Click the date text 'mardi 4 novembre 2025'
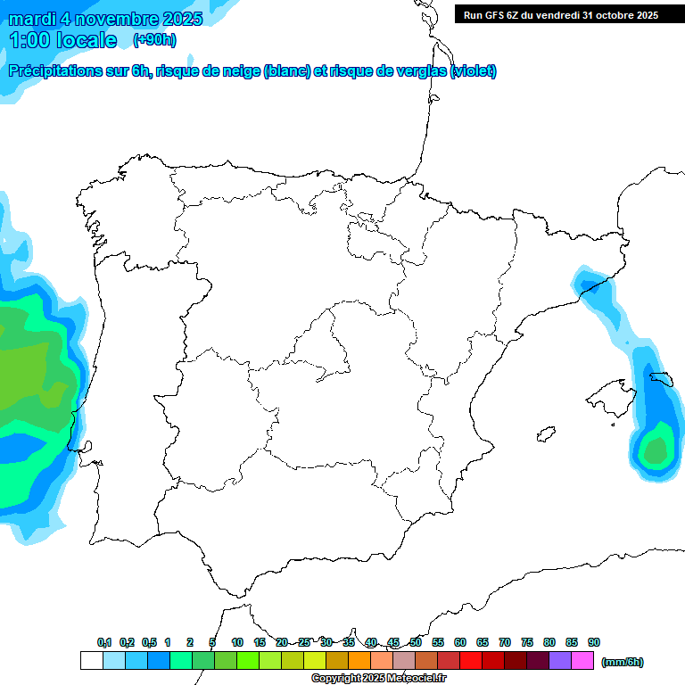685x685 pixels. click(x=105, y=19)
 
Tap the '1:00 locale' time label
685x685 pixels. click(x=62, y=40)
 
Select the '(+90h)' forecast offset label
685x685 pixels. click(x=154, y=40)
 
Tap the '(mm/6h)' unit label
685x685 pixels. click(x=623, y=662)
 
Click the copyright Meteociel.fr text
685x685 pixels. click(x=378, y=679)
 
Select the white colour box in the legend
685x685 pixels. click(x=91, y=660)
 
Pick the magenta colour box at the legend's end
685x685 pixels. click(x=582, y=660)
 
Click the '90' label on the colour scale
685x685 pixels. click(x=594, y=642)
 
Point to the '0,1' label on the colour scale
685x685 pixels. click(x=104, y=642)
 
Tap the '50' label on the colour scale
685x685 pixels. click(x=416, y=642)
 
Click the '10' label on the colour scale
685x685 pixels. click(x=237, y=642)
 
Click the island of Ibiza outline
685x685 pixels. click(x=545, y=434)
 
